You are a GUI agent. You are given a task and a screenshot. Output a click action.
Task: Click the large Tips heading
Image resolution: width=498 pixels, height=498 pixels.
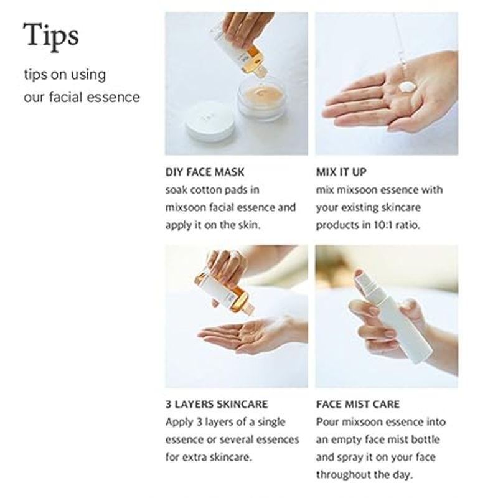51,35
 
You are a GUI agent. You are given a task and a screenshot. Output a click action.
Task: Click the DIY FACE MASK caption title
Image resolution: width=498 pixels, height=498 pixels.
205,172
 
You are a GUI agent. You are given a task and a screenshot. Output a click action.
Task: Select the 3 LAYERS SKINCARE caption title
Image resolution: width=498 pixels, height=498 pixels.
217,405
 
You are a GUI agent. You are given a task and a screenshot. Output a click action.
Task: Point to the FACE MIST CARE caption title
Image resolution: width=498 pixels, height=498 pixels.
357,405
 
